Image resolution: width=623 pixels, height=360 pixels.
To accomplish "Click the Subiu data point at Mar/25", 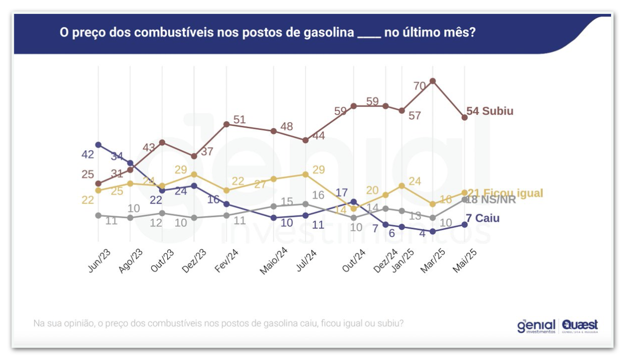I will (x=433, y=81).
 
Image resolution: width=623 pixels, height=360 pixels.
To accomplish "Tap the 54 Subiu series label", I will (x=490, y=111).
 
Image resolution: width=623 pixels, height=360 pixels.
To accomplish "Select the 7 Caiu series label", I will (x=483, y=218).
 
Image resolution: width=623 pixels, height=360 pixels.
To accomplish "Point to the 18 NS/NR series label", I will (x=491, y=200).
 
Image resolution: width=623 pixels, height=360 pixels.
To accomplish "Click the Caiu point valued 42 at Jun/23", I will (x=99, y=145).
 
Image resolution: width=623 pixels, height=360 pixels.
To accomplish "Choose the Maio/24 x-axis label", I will (x=273, y=262).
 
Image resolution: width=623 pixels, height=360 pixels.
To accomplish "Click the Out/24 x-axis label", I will (x=354, y=260).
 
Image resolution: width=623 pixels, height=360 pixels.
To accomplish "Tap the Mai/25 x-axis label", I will (x=465, y=260).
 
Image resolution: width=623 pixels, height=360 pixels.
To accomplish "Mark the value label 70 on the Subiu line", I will (x=419, y=86).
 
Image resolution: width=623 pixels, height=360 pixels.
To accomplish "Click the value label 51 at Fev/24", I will (x=239, y=119).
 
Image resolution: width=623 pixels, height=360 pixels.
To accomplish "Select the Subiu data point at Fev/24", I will (x=226, y=124).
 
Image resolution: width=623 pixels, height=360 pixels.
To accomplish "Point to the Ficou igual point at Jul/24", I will (x=306, y=174).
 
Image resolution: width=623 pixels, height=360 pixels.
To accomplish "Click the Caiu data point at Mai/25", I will (x=465, y=224).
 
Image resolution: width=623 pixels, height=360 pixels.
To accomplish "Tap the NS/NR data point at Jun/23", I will (x=99, y=215).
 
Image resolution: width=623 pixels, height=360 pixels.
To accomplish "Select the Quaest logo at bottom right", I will (x=580, y=326).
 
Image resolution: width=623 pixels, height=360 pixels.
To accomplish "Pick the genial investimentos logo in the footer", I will (x=536, y=326).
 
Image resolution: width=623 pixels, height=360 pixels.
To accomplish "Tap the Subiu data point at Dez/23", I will (x=194, y=156).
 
